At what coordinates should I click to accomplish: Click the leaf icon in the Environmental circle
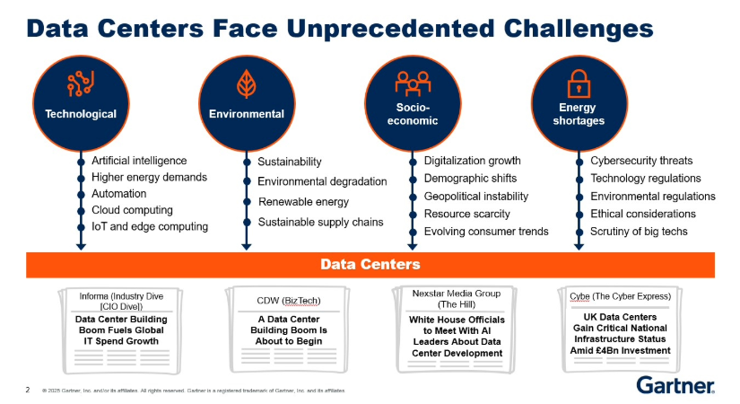[x=245, y=85]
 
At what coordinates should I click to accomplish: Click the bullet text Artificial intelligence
[x=139, y=161]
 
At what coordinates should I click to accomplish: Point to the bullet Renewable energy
[x=303, y=202]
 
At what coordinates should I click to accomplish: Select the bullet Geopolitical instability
[x=476, y=197]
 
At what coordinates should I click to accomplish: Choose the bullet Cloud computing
[x=132, y=210]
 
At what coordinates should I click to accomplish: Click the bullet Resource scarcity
[x=466, y=214]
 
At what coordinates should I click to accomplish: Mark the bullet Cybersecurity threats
[x=641, y=161]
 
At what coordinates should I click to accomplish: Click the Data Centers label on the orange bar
[x=370, y=265]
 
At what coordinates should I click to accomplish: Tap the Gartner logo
[x=675, y=385]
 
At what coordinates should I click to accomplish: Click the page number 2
[x=27, y=391]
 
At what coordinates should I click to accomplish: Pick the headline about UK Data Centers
[x=621, y=333]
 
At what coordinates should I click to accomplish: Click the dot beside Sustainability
[x=247, y=162]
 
